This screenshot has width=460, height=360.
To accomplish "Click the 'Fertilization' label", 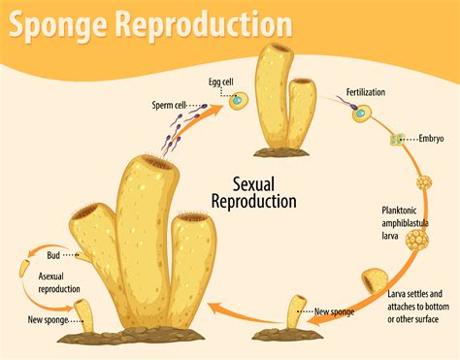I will [x=368, y=93].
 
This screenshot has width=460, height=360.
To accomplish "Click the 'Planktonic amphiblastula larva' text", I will [x=410, y=222].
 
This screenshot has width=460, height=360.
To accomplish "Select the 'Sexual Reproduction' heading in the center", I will [x=254, y=192].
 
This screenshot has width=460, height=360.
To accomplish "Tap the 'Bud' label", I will [x=55, y=255].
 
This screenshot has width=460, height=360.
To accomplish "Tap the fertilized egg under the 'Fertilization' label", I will [x=360, y=113].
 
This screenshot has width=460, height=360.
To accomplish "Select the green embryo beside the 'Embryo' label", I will [x=395, y=140].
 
